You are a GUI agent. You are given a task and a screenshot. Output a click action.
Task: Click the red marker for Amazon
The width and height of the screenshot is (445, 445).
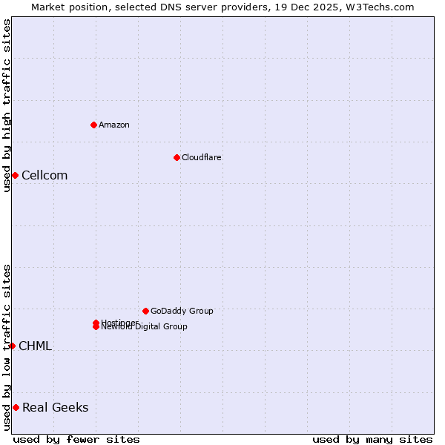click(x=93, y=125)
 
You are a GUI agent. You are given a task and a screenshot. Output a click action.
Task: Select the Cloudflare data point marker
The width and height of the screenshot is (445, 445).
click(x=177, y=157)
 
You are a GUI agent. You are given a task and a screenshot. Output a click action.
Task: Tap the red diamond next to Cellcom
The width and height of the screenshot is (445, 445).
click(x=15, y=175)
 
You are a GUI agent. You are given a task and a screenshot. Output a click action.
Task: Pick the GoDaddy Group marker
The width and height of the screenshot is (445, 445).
click(x=145, y=311)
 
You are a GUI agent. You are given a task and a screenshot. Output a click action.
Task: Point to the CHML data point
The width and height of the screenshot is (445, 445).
click(x=12, y=346)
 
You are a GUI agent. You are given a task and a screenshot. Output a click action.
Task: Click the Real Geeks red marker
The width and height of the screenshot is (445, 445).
click(x=16, y=407)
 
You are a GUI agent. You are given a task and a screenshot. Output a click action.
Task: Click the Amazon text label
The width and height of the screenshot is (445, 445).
click(x=114, y=125)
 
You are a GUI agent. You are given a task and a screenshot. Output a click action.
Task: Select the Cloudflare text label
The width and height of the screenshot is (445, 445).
click(x=202, y=157)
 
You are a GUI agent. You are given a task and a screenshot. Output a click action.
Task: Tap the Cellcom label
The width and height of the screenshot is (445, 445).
click(x=44, y=175)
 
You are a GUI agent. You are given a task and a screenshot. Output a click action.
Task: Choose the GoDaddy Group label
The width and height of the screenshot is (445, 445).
click(x=182, y=311)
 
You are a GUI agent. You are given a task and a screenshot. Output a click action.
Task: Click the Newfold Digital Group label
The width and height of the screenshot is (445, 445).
click(x=145, y=327)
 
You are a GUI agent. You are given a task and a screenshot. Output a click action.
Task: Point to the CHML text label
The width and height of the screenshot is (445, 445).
click(x=35, y=346)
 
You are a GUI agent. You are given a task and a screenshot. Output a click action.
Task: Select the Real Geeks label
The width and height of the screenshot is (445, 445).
click(x=56, y=407)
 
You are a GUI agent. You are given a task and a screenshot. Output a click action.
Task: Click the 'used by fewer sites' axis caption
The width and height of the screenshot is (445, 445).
click(x=76, y=439)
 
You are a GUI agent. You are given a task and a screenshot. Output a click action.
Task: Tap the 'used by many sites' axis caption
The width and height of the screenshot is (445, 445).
click(x=372, y=439)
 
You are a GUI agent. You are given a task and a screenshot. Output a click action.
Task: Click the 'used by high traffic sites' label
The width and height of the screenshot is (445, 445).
click(x=7, y=105)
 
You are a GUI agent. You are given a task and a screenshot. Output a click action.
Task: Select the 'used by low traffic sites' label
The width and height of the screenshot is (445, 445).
click(x=7, y=347)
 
